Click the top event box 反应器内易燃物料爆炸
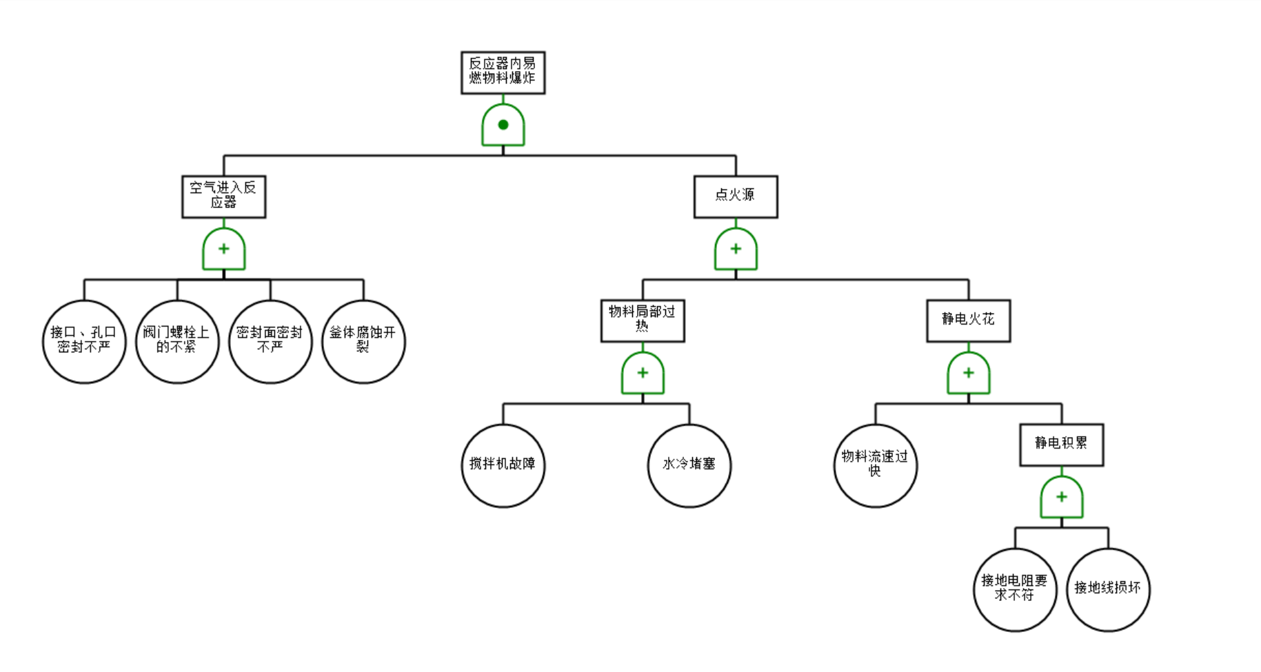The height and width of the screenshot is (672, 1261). coord(503,72)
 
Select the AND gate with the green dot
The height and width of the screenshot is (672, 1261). coord(503,125)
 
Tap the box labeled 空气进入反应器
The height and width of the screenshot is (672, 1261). coord(223,196)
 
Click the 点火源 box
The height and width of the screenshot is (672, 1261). coord(736,196)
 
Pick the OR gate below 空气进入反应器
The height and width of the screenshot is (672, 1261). coord(223,250)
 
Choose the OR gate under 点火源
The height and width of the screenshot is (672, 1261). coord(736,250)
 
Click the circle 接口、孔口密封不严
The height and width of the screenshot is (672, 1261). coord(84,341)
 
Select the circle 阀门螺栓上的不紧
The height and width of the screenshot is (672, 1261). coord(177,341)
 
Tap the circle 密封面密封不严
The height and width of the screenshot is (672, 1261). coord(270,341)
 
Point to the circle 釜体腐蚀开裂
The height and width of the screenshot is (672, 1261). coord(363,341)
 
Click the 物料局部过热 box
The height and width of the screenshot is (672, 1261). coord(643,320)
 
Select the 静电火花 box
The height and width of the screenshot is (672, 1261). coord(968,320)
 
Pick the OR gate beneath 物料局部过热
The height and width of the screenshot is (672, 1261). coord(643,374)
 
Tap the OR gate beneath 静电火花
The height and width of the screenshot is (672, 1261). coord(968,374)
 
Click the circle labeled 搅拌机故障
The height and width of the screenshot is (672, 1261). coord(503,465)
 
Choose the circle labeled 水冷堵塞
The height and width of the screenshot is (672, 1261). coord(689,465)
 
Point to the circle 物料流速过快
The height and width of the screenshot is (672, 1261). coord(875,465)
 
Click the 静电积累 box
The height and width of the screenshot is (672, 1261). coord(1061,445)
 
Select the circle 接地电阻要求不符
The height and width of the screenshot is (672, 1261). coord(1015,589)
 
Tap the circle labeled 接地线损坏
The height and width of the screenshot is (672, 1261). coord(1108,589)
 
